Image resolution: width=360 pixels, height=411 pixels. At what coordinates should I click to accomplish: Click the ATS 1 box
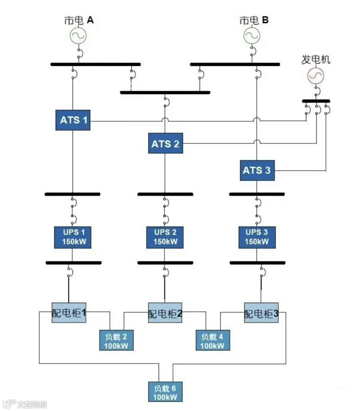pyautogui.click(x=73, y=120)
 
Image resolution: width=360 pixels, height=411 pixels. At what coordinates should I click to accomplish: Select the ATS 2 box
pyautogui.click(x=165, y=143)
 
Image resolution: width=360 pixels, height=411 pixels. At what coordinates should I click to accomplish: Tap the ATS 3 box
pyautogui.click(x=257, y=170)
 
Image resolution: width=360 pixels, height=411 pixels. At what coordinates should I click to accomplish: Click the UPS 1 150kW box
pyautogui.click(x=73, y=237)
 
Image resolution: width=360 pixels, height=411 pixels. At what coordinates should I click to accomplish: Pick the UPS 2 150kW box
pyautogui.click(x=165, y=237)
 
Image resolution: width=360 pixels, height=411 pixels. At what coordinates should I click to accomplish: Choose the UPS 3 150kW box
pyautogui.click(x=257, y=237)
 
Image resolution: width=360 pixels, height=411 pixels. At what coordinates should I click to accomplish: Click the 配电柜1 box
pyautogui.click(x=69, y=313)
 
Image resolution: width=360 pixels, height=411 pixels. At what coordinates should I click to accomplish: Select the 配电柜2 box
pyautogui.click(x=165, y=313)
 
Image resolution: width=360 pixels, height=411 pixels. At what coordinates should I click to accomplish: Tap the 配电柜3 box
pyautogui.click(x=261, y=313)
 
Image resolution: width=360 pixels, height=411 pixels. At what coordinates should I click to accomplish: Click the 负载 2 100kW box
pyautogui.click(x=116, y=340)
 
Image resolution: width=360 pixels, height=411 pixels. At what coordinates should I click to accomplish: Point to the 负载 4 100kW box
pyautogui.click(x=212, y=340)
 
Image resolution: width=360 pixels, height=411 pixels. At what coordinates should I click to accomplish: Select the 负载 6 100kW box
pyautogui.click(x=165, y=392)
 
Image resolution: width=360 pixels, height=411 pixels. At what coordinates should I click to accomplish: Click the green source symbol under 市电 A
pyautogui.click(x=78, y=35)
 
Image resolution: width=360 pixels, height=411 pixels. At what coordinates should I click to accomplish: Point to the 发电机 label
pyautogui.click(x=316, y=60)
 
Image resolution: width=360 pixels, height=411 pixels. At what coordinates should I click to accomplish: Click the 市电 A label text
pyautogui.click(x=79, y=20)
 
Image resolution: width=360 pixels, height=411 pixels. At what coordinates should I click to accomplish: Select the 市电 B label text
pyautogui.click(x=254, y=20)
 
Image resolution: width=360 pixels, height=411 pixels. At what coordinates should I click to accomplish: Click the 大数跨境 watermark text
pyautogui.click(x=32, y=404)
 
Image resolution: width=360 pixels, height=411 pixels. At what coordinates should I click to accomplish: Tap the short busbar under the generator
pyautogui.click(x=316, y=101)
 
